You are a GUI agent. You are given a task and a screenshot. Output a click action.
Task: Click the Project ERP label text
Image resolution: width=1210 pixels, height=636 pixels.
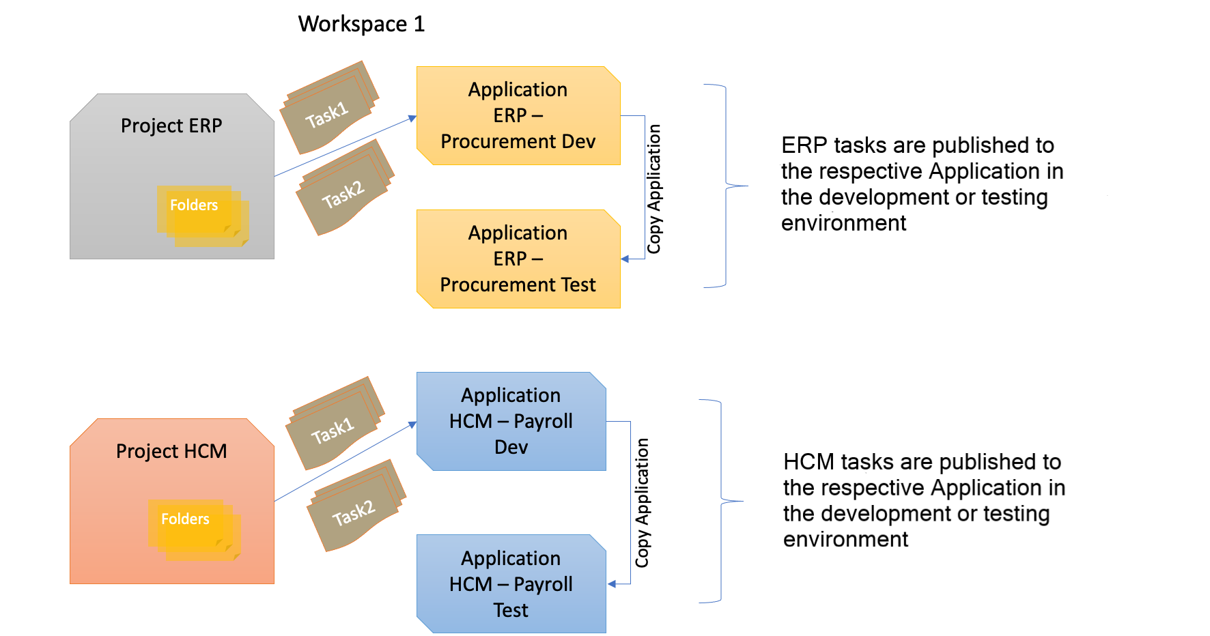coord(171,126)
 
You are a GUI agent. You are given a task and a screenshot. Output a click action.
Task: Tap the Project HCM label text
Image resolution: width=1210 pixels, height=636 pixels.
coord(171,451)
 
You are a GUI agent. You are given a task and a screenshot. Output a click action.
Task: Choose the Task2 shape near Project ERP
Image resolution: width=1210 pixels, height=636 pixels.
coord(344,193)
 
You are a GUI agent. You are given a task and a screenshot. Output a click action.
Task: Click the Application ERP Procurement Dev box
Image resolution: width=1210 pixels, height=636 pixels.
coord(518,116)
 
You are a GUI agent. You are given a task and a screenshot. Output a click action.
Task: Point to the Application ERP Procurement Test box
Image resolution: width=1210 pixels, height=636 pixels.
coord(518,259)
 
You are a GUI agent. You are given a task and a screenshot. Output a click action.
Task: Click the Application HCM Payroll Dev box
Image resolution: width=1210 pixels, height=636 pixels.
coord(511,422)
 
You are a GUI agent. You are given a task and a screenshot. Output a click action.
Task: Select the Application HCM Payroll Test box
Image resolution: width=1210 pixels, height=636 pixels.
coord(511,584)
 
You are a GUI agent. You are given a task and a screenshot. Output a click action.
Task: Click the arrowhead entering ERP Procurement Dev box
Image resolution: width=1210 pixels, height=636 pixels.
coord(412,119)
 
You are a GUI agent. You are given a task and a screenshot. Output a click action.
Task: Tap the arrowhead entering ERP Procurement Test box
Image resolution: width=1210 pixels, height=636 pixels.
coord(625,259)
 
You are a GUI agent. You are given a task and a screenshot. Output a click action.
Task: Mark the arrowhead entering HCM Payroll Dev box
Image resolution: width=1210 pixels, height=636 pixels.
coord(412,424)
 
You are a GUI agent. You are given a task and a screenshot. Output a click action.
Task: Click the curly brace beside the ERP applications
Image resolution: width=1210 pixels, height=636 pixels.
coord(726,186)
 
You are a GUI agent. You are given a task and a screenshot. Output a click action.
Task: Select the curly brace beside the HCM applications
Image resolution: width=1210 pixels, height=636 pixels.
coord(722,501)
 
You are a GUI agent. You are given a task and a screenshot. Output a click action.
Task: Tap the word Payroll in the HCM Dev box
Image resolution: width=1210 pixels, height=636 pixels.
coord(543,422)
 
